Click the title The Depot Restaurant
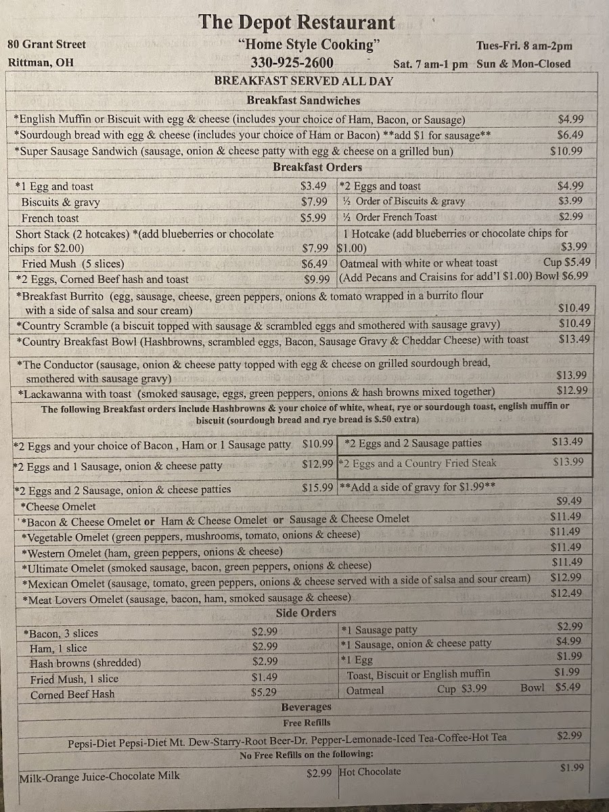coord(296,22)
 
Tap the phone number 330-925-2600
coord(292,63)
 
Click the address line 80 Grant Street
coord(47,44)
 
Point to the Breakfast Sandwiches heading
coord(303,100)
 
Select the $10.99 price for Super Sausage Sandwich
coord(566,151)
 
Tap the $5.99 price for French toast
coord(314,218)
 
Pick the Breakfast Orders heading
coord(317,167)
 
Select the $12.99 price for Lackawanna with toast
coord(572,390)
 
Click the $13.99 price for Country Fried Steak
coord(568,461)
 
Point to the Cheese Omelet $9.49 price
coord(569,501)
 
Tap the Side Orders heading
coord(306,613)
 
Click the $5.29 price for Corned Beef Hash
coord(264,693)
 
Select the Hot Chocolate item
coord(370,771)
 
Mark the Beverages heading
coord(306,707)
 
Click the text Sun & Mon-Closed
coord(523,64)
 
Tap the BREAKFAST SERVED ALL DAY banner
coord(304,81)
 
